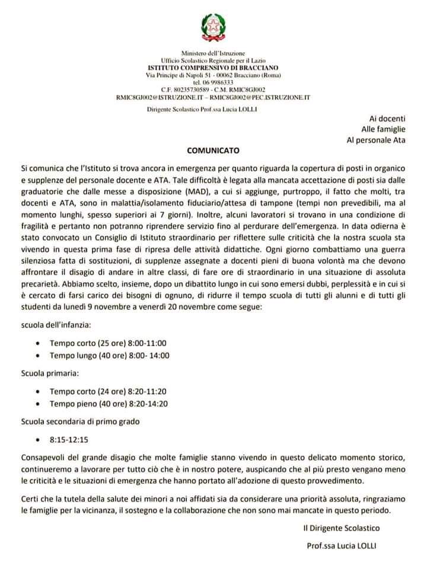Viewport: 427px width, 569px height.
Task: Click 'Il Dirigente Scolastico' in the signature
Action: pyautogui.click(x=340, y=528)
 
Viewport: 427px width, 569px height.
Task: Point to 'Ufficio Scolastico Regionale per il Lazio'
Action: pyautogui.click(x=212, y=61)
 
